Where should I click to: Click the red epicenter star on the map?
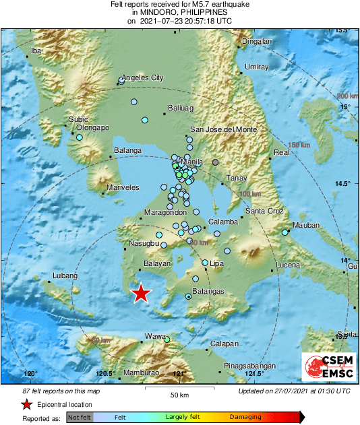pyautogui.click(x=140, y=294)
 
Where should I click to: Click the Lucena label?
pyautogui.click(x=288, y=265)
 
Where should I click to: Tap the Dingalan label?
pyautogui.click(x=257, y=41)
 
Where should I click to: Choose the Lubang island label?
pyautogui.click(x=63, y=275)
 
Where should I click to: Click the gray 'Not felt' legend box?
pyautogui.click(x=80, y=418)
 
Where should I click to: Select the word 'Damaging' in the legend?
pyautogui.click(x=246, y=418)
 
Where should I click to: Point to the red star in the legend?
pyautogui.click(x=26, y=405)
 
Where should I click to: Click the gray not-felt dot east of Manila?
pyautogui.click(x=216, y=162)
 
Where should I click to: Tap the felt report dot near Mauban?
pyautogui.click(x=285, y=232)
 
